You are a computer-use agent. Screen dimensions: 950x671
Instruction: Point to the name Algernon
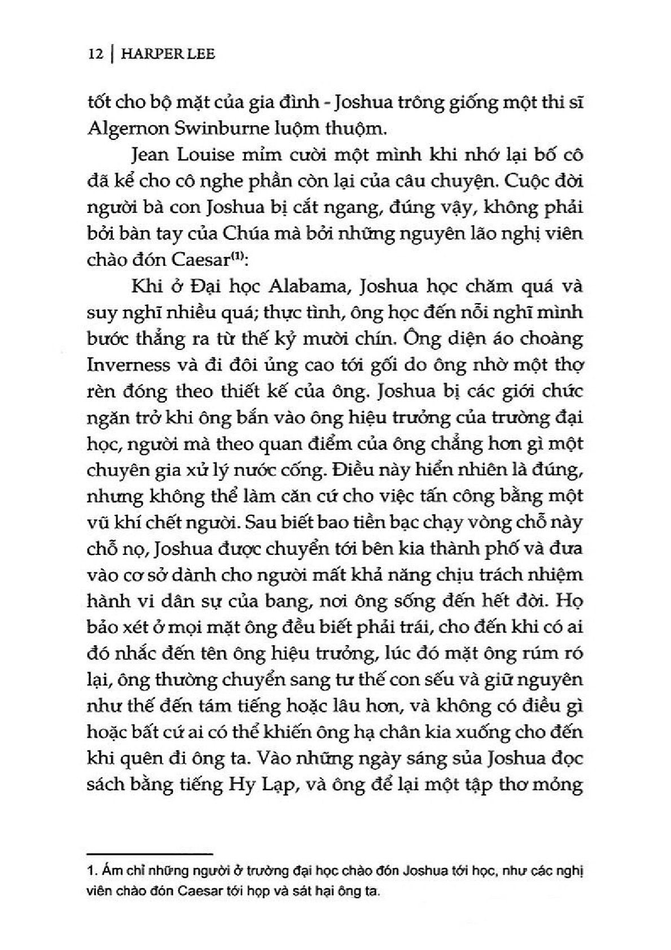coord(124,129)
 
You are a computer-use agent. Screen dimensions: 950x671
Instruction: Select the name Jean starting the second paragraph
coord(146,156)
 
